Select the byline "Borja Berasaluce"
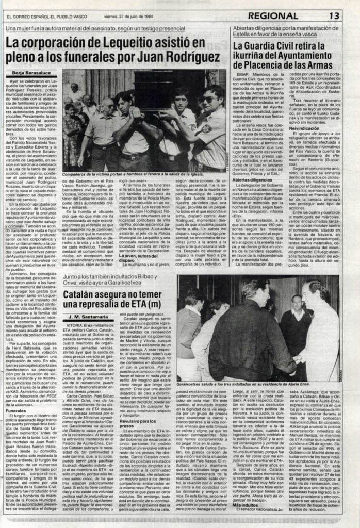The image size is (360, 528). [x=27, y=75]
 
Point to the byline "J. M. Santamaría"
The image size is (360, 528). [x=81, y=316]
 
